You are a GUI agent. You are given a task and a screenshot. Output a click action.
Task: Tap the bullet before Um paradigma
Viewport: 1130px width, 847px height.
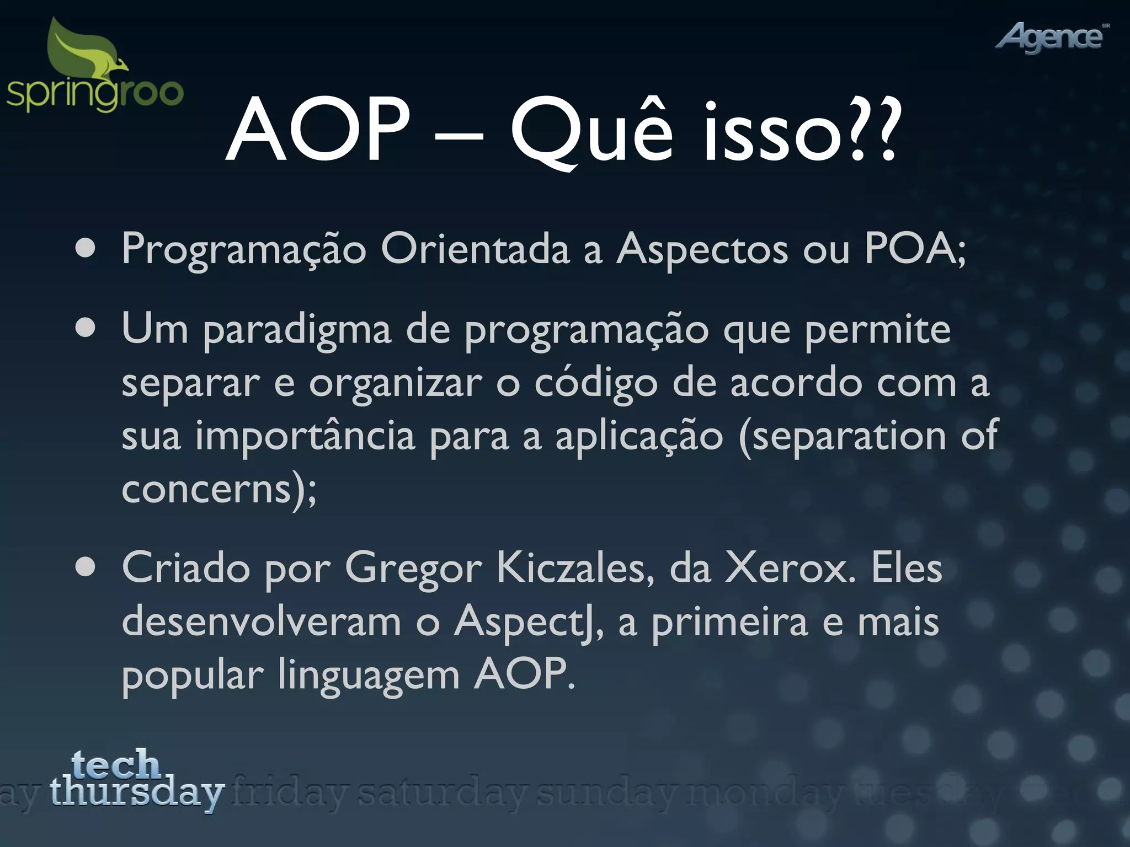click(x=86, y=329)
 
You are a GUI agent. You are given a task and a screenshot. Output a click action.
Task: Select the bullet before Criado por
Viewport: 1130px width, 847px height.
click(x=86, y=568)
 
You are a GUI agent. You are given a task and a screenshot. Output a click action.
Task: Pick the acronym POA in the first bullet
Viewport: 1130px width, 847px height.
click(x=910, y=248)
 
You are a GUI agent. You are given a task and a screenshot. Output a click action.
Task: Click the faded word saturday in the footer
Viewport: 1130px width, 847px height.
click(x=441, y=794)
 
